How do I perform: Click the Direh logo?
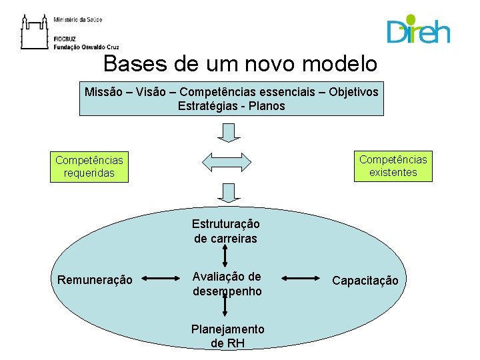[418, 29]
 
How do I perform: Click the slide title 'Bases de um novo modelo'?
[241, 64]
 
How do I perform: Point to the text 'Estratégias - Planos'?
[231, 106]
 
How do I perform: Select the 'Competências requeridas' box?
[89, 167]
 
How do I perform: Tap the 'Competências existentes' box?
[393, 165]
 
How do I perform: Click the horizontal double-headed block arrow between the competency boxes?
[227, 161]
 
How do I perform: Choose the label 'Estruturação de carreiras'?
[225, 231]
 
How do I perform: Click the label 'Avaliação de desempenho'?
[227, 283]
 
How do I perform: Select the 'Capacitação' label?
[365, 281]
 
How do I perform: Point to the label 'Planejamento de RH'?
[227, 336]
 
